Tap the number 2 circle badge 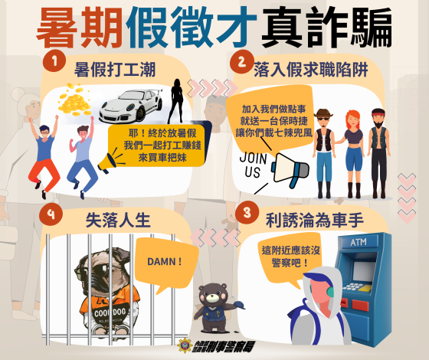[241, 61]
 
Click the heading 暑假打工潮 [115, 70]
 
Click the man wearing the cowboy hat [322, 146]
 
